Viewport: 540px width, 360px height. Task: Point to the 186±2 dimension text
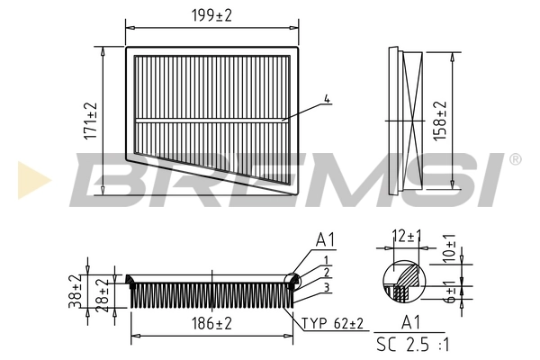coord(212,321)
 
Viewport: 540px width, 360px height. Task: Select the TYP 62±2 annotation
coord(332,321)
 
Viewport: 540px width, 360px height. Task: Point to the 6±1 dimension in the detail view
coord(451,290)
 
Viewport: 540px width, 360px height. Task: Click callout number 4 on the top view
coord(328,98)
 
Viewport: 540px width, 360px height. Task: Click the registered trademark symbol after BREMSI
coord(514,159)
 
